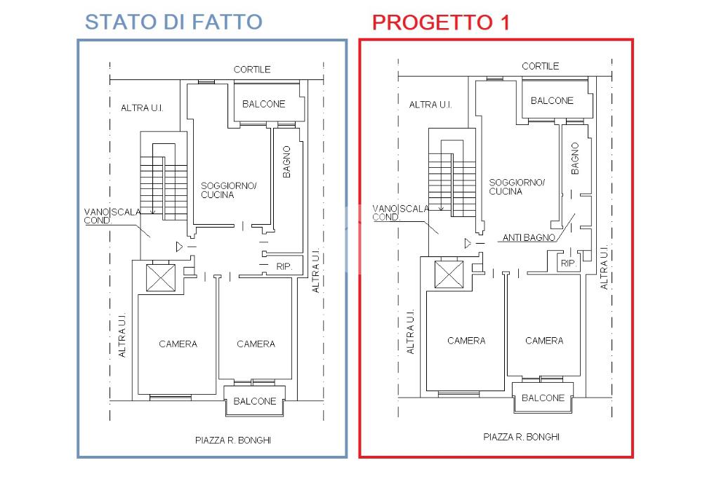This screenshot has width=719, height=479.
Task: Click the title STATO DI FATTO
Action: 173,22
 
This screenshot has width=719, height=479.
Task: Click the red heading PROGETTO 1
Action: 441,22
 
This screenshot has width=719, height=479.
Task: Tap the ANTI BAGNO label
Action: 529,237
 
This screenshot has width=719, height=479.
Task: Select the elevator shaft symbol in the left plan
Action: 161,277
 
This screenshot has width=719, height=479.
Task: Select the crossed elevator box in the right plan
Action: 449,275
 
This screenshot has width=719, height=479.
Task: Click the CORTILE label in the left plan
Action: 252,70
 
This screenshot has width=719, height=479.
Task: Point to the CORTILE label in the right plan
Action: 540,66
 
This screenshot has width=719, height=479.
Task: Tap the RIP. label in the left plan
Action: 284,267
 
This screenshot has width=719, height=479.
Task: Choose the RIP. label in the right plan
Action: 569,263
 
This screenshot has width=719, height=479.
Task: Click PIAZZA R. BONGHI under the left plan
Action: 233,440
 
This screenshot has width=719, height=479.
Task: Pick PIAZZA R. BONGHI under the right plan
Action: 522,437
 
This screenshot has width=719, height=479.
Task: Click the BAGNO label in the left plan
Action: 286,162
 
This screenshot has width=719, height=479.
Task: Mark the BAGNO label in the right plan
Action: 575,158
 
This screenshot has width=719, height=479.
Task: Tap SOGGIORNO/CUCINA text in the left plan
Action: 228,190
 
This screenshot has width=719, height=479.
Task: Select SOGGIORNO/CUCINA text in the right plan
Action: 517,187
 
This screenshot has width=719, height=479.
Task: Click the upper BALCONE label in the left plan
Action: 264,104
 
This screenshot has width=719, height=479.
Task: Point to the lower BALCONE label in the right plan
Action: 543,398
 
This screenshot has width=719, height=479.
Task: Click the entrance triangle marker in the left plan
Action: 179,247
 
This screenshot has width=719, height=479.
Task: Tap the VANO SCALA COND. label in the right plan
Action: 400,213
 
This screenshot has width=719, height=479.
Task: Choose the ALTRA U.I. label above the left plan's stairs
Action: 142,108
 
